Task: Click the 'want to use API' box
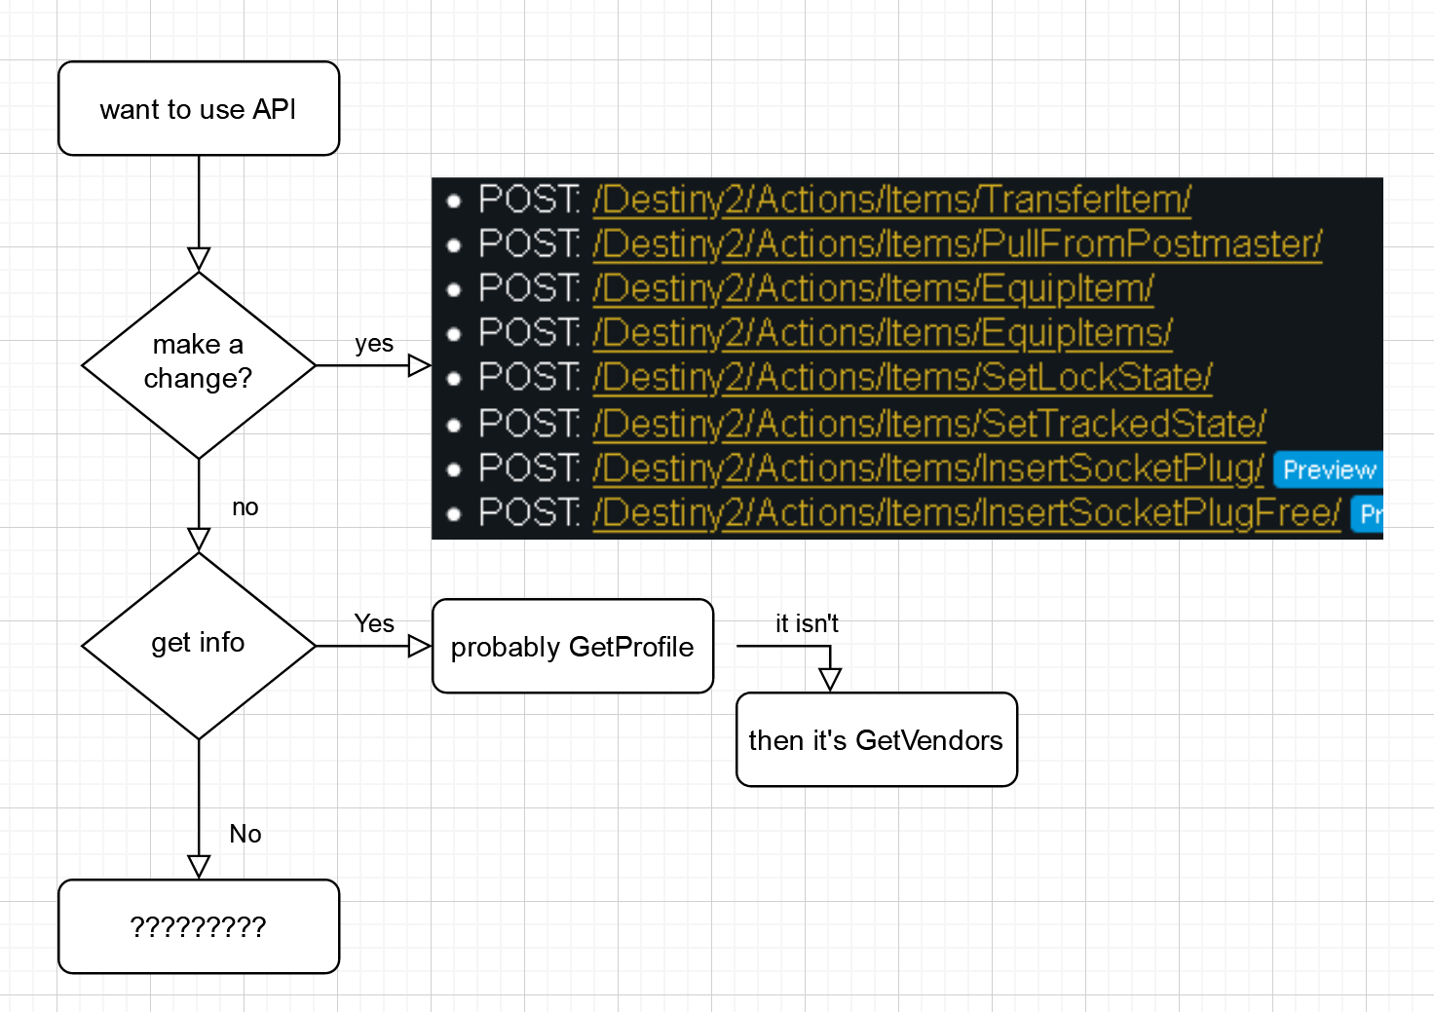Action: [x=199, y=109]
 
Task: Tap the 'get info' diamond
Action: [x=199, y=644]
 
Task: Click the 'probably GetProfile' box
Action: [x=573, y=647]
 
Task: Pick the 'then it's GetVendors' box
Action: [x=876, y=740]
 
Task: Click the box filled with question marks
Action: [x=199, y=926]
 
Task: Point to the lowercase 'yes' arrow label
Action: [x=374, y=344]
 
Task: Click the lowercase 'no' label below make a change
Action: [x=245, y=507]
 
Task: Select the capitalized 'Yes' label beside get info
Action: [x=374, y=623]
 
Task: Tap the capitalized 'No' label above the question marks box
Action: [x=245, y=834]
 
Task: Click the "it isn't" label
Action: [x=807, y=623]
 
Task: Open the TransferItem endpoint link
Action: [x=891, y=200]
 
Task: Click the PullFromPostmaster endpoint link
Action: [x=957, y=244]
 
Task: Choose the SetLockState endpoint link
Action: [x=902, y=377]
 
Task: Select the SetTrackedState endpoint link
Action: [x=928, y=424]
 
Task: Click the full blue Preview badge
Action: [x=1329, y=470]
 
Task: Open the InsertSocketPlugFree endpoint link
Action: [x=966, y=512]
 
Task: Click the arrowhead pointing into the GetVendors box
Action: [x=830, y=680]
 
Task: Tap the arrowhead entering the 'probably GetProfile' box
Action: [x=420, y=646]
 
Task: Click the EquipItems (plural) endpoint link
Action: [x=882, y=333]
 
